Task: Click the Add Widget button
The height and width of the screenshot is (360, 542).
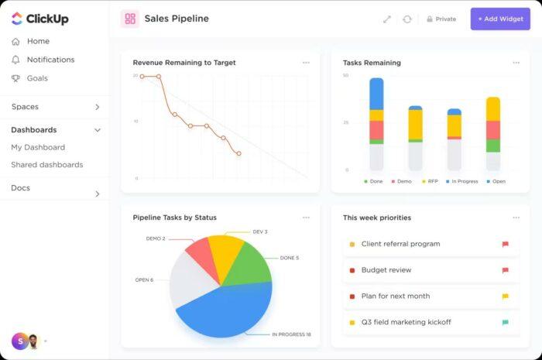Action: point(500,19)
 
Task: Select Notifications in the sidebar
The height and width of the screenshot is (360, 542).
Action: point(50,60)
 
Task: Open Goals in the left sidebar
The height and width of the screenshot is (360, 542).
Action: point(37,78)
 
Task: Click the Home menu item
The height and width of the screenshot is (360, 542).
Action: point(38,41)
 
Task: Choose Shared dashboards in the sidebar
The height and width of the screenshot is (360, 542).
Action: point(46,165)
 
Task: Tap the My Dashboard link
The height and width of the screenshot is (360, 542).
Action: point(37,147)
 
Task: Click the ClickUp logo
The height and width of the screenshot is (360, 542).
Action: point(39,18)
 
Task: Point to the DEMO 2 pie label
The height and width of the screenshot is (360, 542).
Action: point(156,238)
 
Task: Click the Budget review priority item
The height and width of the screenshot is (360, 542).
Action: point(386,270)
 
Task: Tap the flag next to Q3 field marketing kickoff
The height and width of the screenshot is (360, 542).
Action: point(506,322)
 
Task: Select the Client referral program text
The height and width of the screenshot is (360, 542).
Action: point(400,244)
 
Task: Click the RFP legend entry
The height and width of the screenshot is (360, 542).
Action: point(431,181)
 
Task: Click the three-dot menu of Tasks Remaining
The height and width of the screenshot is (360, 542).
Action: point(516,63)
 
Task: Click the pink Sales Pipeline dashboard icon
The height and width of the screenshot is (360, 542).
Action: point(130,19)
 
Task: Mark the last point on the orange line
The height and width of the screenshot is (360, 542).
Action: point(238,153)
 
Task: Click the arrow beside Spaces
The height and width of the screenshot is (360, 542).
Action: point(97,107)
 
